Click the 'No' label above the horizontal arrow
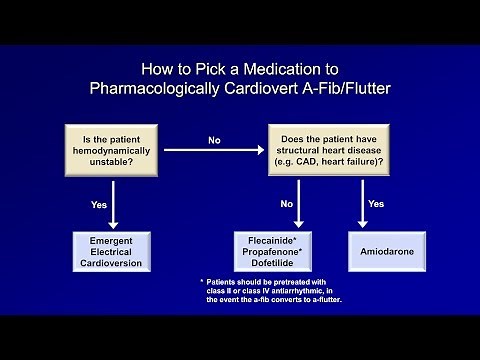pyautogui.click(x=213, y=140)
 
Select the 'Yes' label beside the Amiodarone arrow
pyautogui.click(x=376, y=203)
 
